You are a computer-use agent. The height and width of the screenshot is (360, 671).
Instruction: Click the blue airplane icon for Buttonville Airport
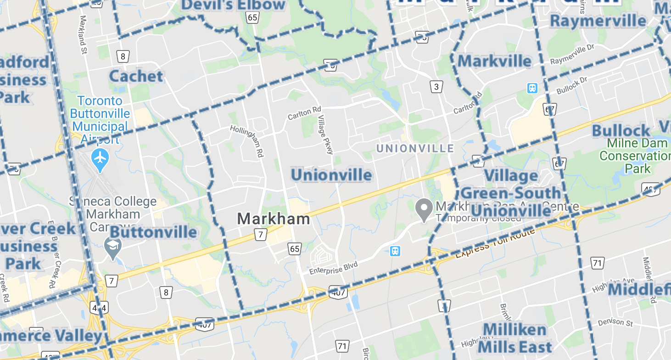pos(100,158)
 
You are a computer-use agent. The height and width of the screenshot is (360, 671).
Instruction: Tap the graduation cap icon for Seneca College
pos(112,247)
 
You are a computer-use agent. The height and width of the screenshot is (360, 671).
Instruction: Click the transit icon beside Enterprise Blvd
pos(395,251)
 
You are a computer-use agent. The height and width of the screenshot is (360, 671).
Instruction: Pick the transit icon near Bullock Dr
pos(532,88)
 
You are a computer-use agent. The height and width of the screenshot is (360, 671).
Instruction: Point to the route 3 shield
pos(436,86)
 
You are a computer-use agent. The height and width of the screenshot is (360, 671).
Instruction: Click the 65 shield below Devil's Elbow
pos(252,17)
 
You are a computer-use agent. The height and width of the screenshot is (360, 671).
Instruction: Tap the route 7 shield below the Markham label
pos(260,235)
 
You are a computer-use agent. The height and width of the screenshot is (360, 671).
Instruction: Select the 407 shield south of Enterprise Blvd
pos(337,292)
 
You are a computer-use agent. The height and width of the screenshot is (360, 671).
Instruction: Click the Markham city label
pos(273,219)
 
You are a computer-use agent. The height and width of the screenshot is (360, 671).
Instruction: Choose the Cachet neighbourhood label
pos(136,76)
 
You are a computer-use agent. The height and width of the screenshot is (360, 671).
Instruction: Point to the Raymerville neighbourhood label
pos(598,21)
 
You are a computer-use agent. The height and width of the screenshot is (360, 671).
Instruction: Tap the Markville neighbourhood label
pos(494,61)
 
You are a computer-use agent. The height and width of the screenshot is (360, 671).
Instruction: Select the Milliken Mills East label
pos(515,337)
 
